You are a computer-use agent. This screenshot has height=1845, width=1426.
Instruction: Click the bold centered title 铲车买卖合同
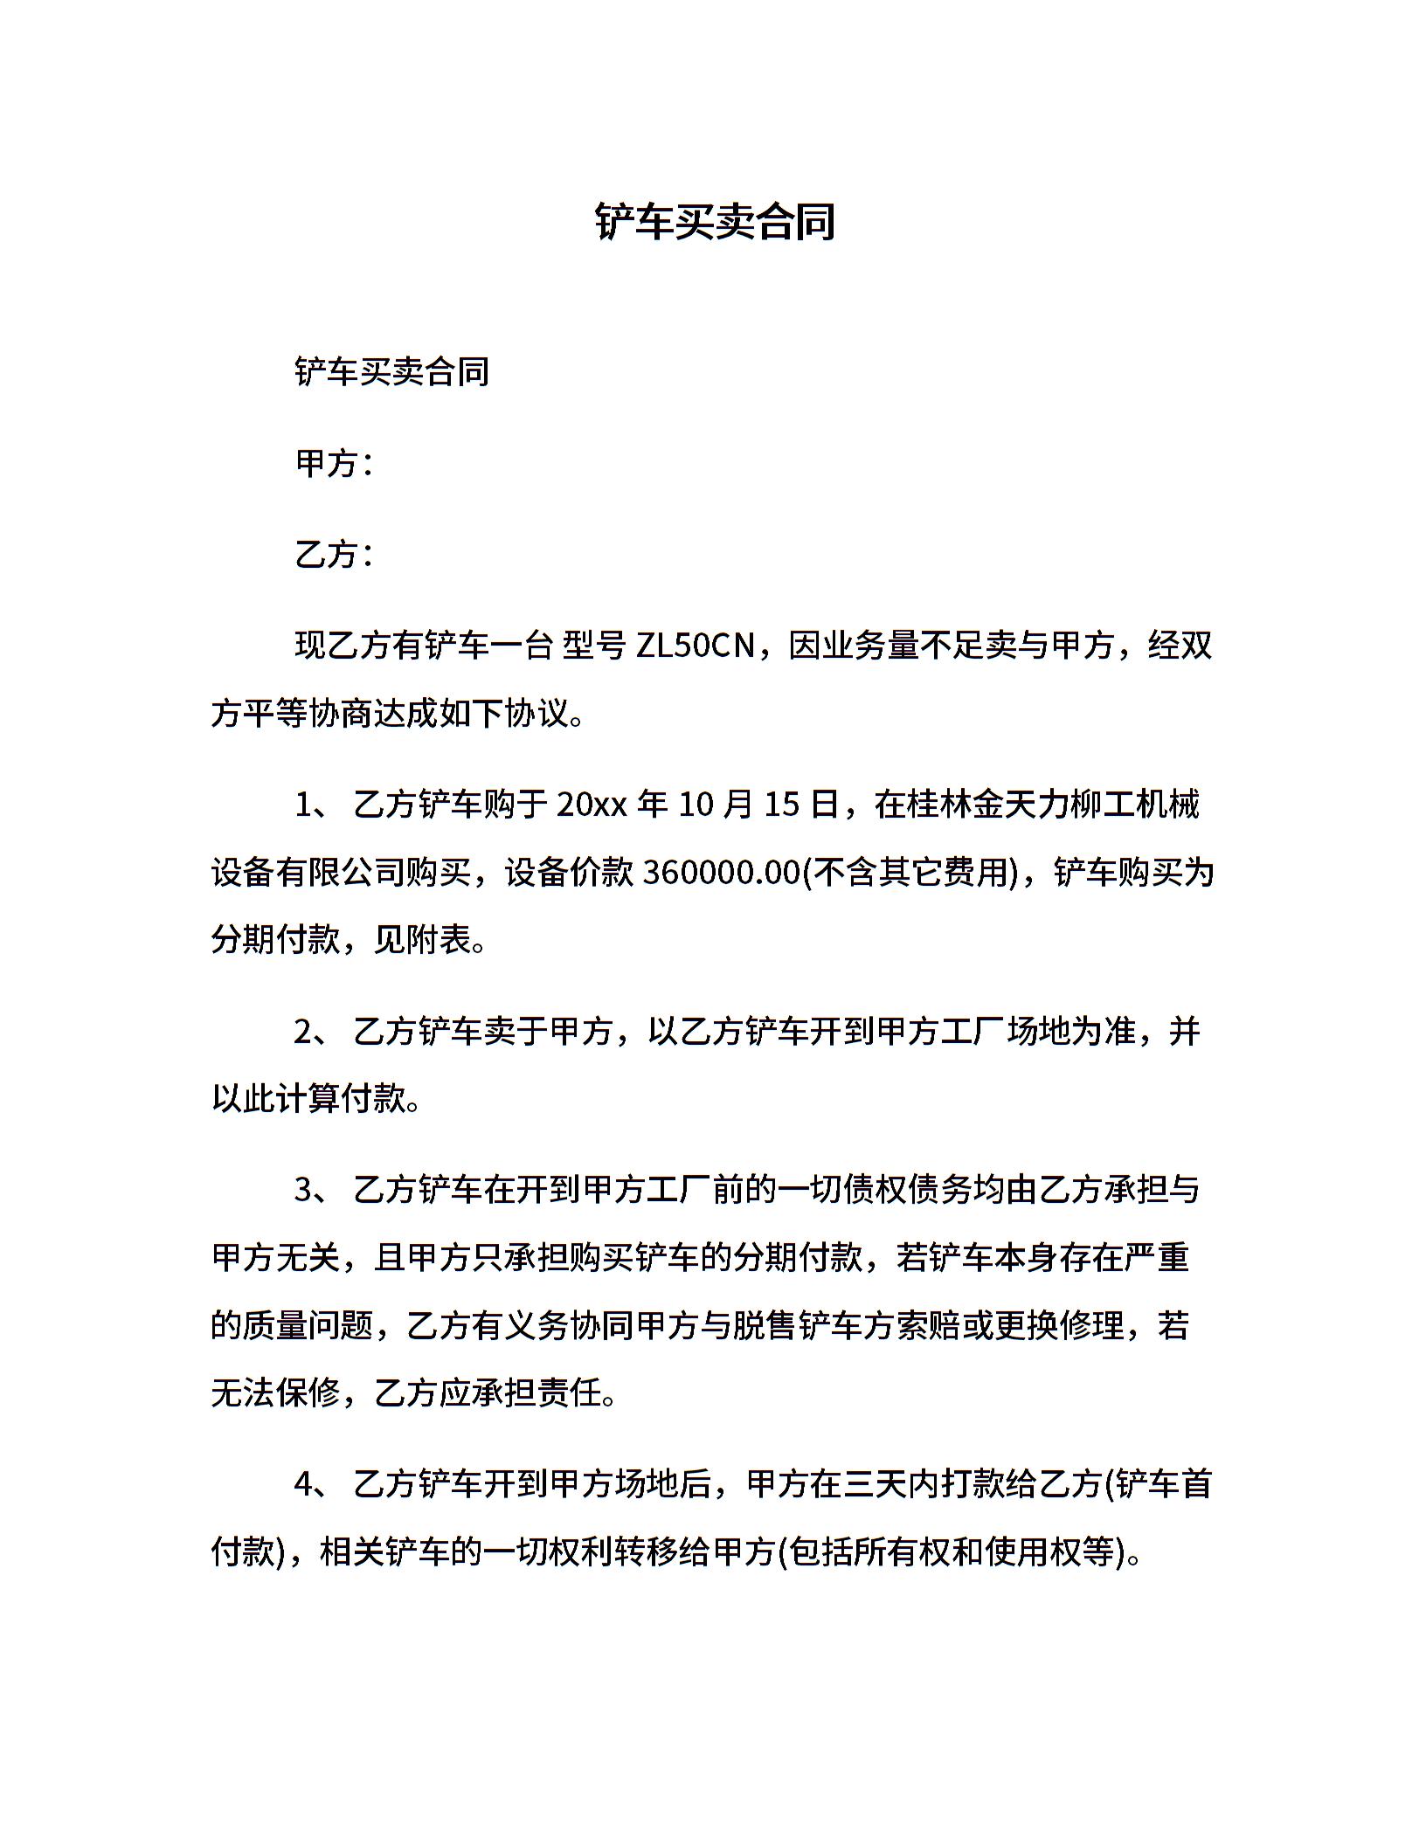click(x=715, y=222)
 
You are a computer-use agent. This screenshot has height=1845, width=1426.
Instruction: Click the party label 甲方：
click(x=335, y=464)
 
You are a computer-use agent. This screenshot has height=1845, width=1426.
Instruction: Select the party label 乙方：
click(x=335, y=555)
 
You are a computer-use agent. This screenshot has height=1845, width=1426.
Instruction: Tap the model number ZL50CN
click(x=695, y=646)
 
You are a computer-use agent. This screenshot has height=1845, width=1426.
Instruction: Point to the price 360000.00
click(x=721, y=872)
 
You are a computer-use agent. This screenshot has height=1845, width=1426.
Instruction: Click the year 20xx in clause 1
click(x=592, y=804)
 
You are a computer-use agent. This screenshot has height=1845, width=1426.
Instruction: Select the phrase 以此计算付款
click(x=309, y=1099)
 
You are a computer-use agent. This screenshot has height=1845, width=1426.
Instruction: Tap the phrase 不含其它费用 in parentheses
click(x=910, y=872)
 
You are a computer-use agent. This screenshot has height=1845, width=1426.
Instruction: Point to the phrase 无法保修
click(x=276, y=1393)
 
